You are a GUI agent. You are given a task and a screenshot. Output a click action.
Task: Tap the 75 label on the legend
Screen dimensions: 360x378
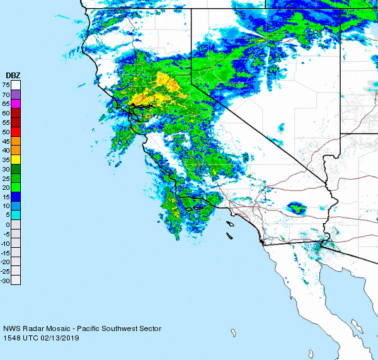6,84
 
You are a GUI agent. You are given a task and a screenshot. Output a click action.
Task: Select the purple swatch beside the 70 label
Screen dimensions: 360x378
16,94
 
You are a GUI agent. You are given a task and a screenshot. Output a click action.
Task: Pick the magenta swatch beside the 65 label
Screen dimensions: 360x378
16,103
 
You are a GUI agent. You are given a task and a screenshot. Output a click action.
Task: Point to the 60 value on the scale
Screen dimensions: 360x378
6,112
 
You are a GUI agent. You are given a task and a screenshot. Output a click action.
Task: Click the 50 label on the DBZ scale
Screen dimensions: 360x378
6,131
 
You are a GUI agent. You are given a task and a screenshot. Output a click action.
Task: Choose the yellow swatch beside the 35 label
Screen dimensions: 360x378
16,159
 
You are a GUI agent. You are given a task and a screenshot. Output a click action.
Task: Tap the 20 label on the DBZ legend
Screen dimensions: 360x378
6,187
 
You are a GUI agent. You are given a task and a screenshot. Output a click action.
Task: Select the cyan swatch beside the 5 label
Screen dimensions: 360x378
16,215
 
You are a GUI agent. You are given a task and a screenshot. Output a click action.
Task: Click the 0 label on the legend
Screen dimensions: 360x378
8,224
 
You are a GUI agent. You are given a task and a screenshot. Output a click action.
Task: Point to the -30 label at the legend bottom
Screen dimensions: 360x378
6,281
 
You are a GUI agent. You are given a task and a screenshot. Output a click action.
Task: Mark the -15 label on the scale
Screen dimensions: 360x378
6,252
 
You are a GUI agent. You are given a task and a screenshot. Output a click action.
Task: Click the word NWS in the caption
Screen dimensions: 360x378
11,328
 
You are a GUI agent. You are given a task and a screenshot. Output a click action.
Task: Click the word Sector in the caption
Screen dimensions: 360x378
150,328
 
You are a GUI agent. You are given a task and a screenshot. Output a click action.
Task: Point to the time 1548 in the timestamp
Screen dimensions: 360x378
11,338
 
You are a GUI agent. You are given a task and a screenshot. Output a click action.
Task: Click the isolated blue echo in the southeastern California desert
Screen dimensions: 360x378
296,207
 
